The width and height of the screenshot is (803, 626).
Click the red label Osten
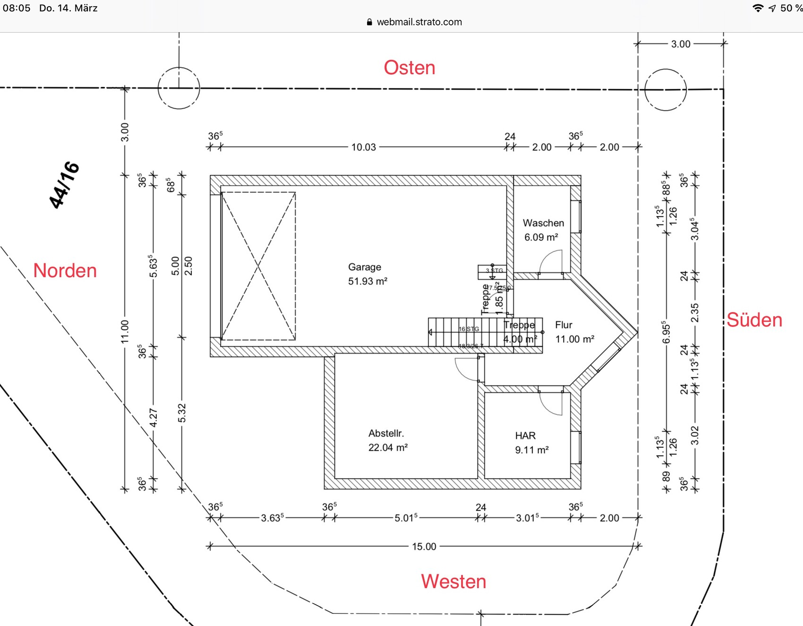point(409,68)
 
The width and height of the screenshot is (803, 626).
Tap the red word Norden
point(65,270)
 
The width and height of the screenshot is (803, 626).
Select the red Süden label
point(754,320)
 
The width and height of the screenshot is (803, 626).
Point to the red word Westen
point(453,581)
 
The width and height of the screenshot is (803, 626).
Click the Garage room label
point(364,267)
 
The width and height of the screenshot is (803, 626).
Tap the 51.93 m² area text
point(367,281)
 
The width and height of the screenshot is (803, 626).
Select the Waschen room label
point(543,223)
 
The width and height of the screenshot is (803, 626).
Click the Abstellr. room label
point(386,433)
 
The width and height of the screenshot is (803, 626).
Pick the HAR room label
point(525,436)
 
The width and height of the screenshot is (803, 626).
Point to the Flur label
point(564,325)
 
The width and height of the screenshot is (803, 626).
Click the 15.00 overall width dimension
point(424,547)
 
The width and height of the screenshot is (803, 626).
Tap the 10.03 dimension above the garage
point(363,147)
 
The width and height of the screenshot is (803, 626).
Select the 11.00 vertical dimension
point(125,331)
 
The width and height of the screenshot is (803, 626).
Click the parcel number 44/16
point(64,184)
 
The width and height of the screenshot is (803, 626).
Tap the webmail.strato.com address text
point(419,22)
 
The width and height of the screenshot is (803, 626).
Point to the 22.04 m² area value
point(388,447)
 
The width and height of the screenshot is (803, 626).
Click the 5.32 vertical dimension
point(182,413)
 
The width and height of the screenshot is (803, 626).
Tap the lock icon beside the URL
point(369,22)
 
